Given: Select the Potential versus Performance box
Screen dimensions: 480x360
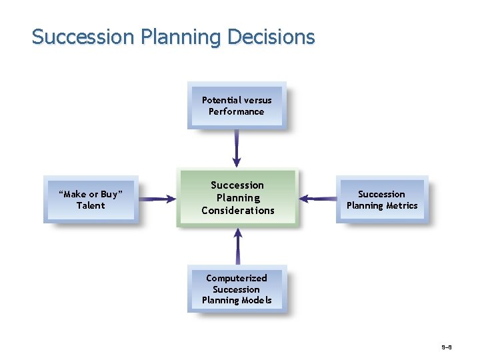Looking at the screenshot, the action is tap(237, 105).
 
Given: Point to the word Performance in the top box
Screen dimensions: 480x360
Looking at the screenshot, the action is tap(237, 111).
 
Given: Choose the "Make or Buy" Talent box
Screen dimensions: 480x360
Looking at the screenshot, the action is tap(91, 199).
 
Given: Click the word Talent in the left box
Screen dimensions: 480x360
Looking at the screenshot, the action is tap(91, 205).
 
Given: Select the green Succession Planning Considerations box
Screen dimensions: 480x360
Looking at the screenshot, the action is tap(237, 198).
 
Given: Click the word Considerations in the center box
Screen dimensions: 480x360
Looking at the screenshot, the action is tap(238, 211).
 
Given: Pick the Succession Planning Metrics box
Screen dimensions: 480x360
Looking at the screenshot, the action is tap(382, 199).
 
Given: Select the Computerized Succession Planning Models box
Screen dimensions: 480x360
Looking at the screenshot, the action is tap(237, 289).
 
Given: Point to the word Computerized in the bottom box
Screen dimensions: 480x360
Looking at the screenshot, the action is tap(237, 278).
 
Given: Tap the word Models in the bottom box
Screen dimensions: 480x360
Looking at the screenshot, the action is tap(256, 301).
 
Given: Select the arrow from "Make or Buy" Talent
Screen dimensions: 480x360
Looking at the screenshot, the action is tap(157, 199).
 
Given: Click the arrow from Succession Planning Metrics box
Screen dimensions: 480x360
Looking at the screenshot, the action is tap(318, 198).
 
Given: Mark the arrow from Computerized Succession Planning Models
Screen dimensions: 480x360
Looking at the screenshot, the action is tap(237, 247).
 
